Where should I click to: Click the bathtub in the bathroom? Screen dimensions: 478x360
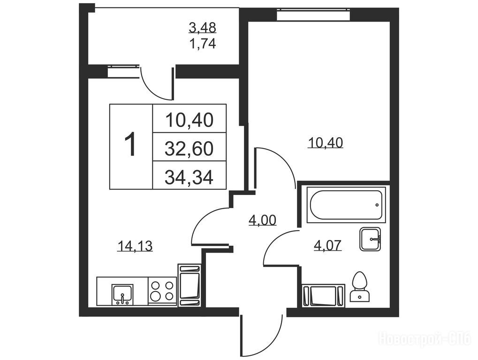[346, 205]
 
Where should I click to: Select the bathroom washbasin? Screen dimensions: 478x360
[370, 239]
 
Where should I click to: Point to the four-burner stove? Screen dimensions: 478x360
[162, 291]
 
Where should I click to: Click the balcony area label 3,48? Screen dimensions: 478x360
[203, 28]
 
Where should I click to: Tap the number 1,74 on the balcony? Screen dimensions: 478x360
[203, 44]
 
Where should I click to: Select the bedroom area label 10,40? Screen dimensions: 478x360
[326, 142]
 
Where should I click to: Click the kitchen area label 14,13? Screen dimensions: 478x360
[135, 246]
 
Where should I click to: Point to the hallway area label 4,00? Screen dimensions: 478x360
[263, 220]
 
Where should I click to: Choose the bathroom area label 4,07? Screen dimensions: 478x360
[328, 245]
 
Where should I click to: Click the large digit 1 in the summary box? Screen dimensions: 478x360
[131, 145]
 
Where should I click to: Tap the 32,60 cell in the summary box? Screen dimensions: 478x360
[190, 147]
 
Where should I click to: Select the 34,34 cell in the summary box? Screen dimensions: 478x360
[190, 175]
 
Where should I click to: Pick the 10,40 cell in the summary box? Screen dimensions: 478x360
[190, 119]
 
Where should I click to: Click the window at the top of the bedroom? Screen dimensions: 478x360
[313, 15]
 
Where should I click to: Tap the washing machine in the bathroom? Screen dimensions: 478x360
[323, 295]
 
